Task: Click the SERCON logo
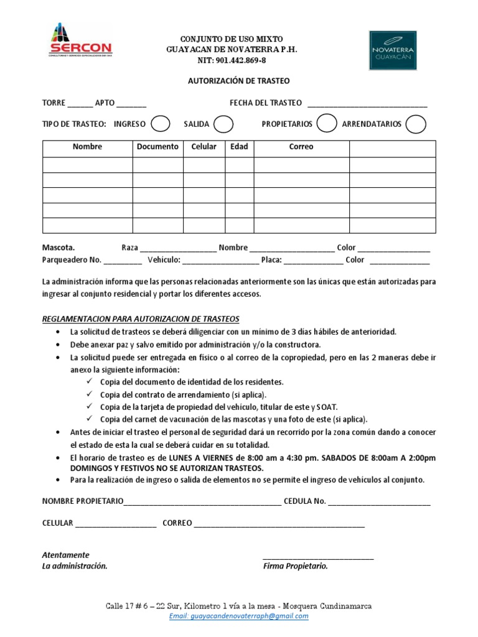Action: [80, 42]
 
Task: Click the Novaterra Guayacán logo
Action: [393, 50]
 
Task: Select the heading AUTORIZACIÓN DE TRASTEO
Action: [239, 81]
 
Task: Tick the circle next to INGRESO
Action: [161, 124]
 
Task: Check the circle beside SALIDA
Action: [223, 124]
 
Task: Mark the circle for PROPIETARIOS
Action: [326, 124]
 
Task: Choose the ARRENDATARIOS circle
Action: [416, 124]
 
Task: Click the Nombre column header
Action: [87, 147]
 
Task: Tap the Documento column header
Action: [157, 147]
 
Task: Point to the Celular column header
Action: [204, 147]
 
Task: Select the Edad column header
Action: [239, 147]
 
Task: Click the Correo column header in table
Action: [301, 147]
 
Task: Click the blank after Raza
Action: [179, 249]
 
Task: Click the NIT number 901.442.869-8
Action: [232, 60]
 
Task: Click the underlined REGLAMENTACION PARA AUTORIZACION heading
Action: [141, 319]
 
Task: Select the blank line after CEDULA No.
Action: [379, 502]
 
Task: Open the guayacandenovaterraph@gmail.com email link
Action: [239, 616]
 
